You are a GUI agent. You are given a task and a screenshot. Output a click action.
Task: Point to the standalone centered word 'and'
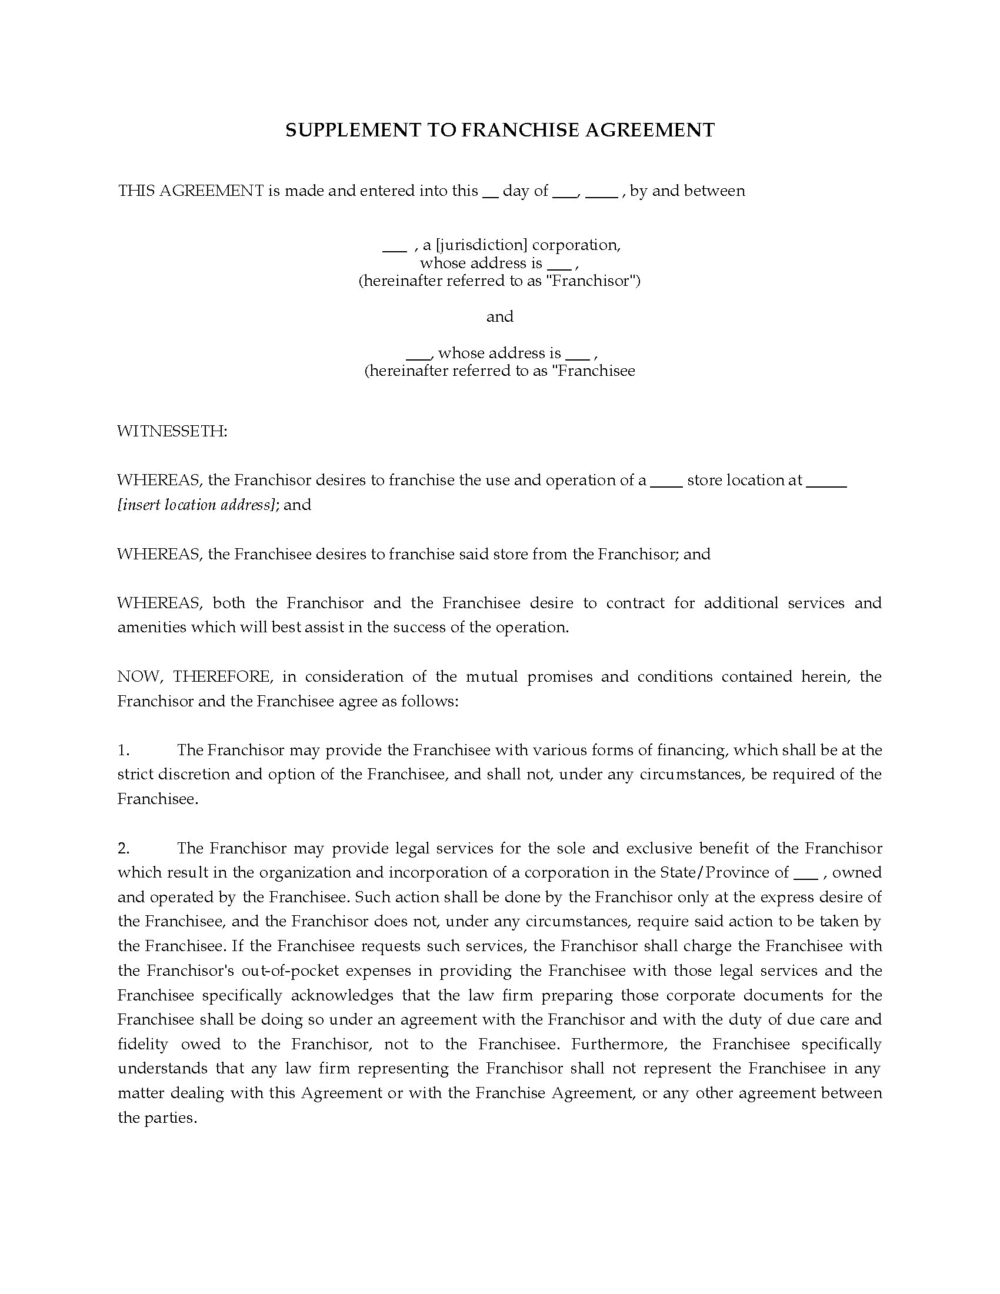(x=499, y=317)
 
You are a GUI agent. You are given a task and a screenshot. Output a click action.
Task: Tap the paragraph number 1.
(x=123, y=750)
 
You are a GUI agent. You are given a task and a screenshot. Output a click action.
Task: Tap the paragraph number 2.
(x=123, y=848)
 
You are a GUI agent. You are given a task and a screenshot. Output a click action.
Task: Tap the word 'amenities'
(x=151, y=628)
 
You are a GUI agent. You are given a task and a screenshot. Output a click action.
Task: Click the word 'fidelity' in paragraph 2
(x=143, y=1044)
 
